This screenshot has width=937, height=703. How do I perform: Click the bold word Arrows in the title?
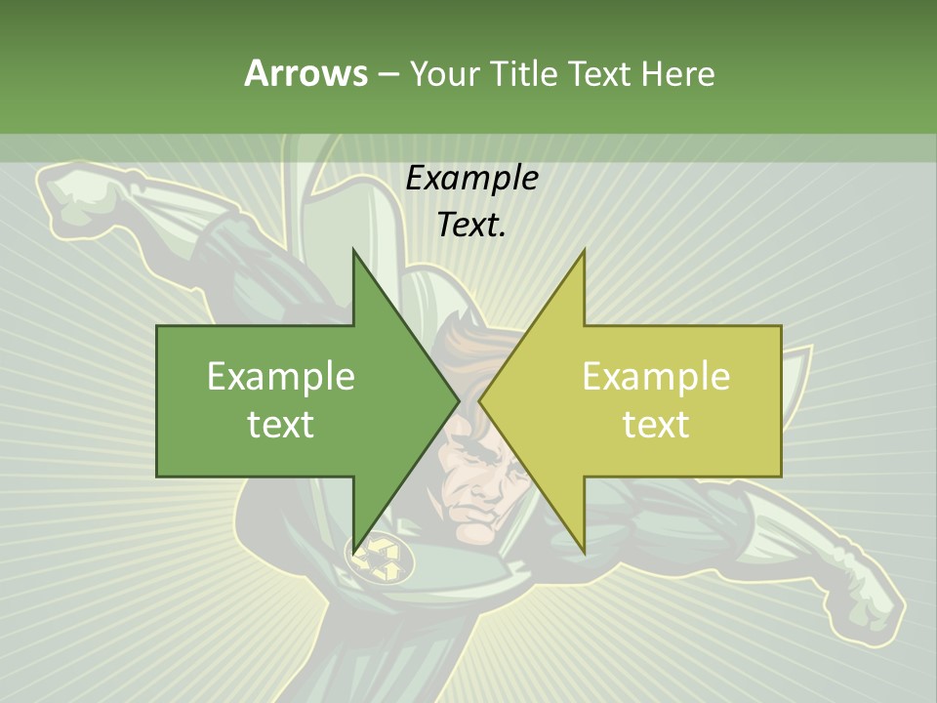coord(306,73)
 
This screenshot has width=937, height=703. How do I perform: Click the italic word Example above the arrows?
coord(471,178)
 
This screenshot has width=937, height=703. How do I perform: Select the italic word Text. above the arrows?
coord(471,225)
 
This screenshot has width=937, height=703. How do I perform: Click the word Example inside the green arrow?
coord(280,376)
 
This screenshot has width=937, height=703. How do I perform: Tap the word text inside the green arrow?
coord(280,424)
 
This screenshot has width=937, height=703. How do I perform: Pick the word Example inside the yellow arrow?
coord(656,376)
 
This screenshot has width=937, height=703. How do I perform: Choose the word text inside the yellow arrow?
coord(656,424)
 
